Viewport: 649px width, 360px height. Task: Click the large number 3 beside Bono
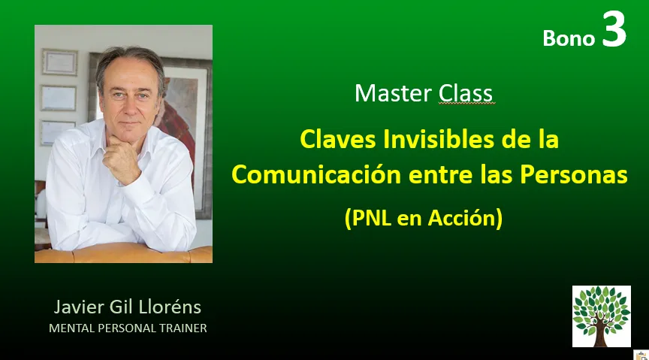614,29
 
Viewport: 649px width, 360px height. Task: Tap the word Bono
569,38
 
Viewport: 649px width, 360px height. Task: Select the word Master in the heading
393,93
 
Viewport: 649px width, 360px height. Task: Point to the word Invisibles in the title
439,139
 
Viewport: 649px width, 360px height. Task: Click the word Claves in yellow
338,139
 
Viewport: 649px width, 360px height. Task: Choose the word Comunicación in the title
316,174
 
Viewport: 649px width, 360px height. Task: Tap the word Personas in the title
574,174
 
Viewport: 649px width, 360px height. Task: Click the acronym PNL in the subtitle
371,217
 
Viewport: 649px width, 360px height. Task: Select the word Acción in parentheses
461,217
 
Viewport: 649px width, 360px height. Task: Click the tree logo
602,316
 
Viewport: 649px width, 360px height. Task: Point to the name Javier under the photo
79,307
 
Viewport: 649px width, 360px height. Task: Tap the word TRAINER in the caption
183,328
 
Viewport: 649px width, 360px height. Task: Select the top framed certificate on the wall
59,62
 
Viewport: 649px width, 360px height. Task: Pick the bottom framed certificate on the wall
57,132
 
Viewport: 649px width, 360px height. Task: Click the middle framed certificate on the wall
59,98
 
